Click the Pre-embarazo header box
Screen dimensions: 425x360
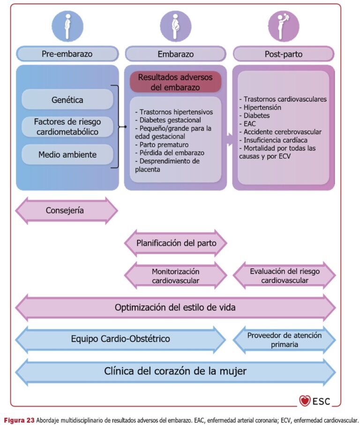pyautogui.click(x=67, y=54)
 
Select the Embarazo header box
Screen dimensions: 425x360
pyautogui.click(x=175, y=54)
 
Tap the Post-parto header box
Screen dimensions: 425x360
pyautogui.click(x=284, y=54)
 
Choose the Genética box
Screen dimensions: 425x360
pyautogui.click(x=67, y=99)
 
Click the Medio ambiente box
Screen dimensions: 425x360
pyautogui.click(x=67, y=154)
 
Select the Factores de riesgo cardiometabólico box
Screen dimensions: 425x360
pyautogui.click(x=67, y=127)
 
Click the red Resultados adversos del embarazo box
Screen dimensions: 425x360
pyautogui.click(x=175, y=82)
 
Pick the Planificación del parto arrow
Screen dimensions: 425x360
pyautogui.click(x=176, y=243)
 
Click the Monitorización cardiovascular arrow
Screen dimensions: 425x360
pyautogui.click(x=176, y=276)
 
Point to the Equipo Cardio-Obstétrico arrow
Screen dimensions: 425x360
pyautogui.click(x=120, y=339)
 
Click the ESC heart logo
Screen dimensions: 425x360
pyautogui.click(x=305, y=400)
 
